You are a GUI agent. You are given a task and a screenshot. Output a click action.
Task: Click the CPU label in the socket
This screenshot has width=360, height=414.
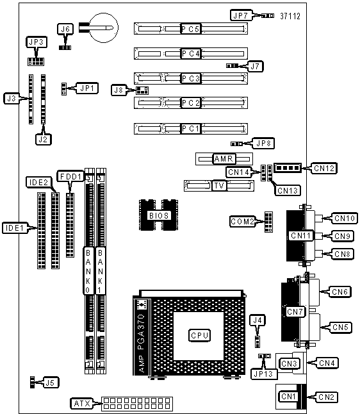coord(199,335)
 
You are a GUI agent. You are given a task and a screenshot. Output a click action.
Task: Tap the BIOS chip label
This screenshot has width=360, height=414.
coord(159,215)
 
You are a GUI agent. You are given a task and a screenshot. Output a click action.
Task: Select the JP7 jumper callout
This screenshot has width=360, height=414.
coord(241,15)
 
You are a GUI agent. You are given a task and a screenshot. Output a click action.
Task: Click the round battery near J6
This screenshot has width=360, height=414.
coord(104,28)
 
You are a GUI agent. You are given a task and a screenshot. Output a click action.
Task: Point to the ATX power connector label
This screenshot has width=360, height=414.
coord(82,403)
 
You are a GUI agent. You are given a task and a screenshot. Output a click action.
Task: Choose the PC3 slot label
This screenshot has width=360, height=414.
coord(191,78)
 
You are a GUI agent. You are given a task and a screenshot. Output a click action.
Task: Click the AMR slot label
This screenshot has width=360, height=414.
coord(224,159)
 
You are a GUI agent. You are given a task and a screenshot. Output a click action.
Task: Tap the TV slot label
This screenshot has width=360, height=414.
coord(219,186)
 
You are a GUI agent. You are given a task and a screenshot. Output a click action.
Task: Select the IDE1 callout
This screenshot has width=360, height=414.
coord(15,228)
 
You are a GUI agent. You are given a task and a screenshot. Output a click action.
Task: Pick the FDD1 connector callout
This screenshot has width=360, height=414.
coord(70,176)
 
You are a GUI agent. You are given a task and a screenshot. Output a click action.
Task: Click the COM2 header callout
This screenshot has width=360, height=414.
coord(242,221)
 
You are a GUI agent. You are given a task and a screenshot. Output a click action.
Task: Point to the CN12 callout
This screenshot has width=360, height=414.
coord(324,168)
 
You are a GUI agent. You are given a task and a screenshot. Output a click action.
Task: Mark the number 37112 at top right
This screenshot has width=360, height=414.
coord(290,16)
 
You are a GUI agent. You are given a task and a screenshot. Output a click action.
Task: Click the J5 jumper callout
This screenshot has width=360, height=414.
coord(51,383)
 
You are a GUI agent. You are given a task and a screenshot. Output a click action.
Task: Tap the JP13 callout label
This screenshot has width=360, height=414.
coord(264,374)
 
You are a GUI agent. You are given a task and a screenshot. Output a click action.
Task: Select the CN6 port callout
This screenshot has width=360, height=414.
coord(340,292)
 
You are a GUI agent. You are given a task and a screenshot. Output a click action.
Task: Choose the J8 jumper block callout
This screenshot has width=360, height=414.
coord(119,90)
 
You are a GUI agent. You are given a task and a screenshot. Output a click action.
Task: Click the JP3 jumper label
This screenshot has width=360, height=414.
coord(37,42)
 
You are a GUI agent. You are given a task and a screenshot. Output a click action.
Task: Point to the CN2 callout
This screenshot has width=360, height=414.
coord(326,397)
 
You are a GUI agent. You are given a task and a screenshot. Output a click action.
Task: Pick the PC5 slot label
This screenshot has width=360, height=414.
coord(191,29)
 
